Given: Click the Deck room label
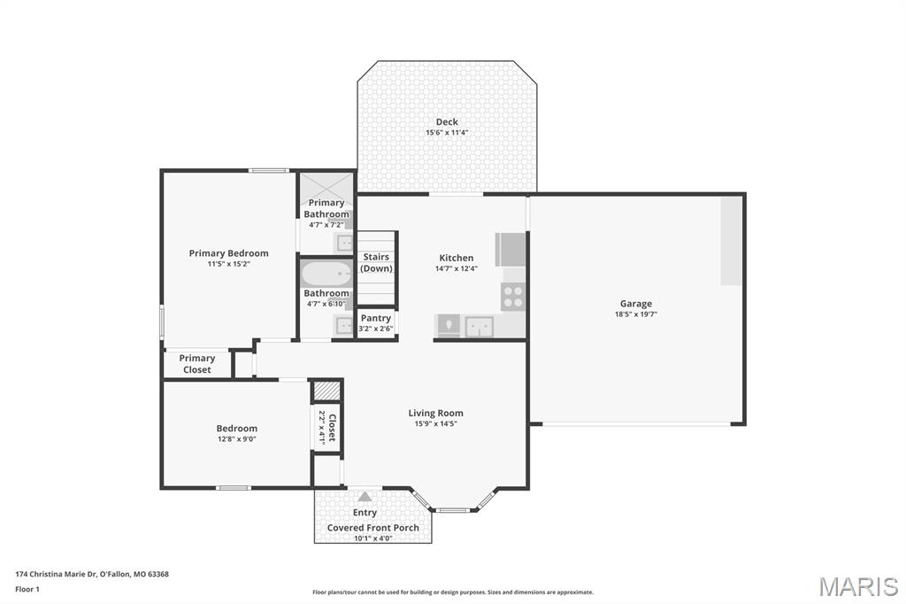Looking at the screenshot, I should [447, 122].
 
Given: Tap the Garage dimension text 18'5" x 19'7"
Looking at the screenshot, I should [636, 314].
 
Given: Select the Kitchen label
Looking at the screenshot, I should [457, 258].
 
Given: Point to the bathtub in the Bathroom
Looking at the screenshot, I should [326, 275].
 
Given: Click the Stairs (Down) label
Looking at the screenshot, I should [376, 263].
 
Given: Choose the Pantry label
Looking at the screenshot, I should [376, 318].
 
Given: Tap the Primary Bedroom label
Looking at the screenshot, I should [228, 253].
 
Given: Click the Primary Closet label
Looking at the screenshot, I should [197, 364].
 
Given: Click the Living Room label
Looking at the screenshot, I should [435, 413].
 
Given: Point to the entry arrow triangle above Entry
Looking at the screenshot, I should [365, 497].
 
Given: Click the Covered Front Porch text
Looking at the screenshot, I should [373, 528].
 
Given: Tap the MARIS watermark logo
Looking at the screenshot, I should [857, 586].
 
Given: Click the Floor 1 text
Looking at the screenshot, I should [27, 589].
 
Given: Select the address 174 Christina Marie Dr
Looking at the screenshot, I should [92, 574].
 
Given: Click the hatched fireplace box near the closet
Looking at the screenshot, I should [326, 391].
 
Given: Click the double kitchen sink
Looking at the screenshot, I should [480, 327].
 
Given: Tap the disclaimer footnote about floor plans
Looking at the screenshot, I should [452, 592].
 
